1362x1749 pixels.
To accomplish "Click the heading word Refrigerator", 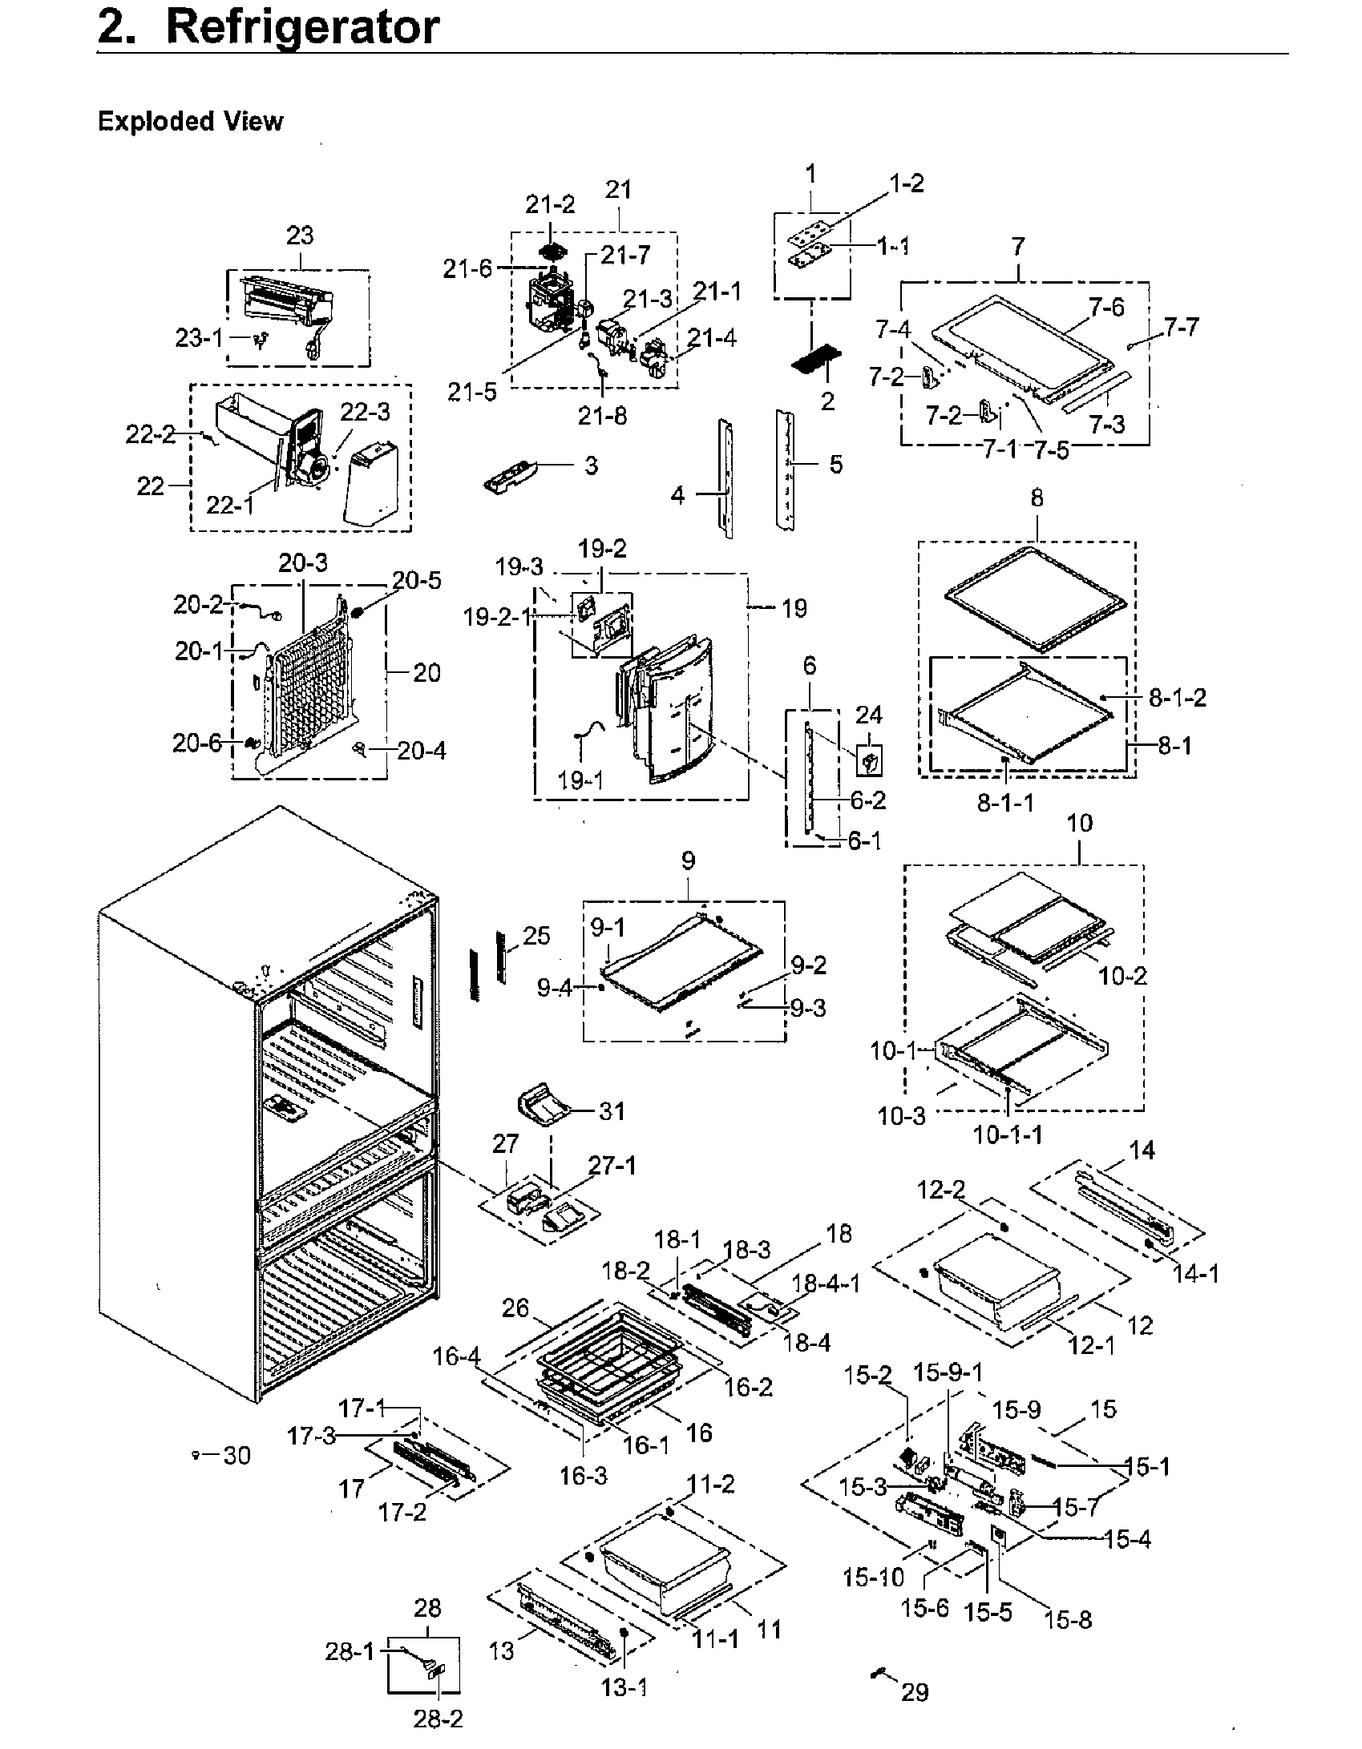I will (302, 27).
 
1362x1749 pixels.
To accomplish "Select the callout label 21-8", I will (602, 416).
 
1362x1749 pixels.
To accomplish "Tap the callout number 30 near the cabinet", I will (236, 1455).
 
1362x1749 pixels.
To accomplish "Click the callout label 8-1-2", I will (1177, 698).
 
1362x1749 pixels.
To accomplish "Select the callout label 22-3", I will (365, 412).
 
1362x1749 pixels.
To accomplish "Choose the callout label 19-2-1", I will (498, 617).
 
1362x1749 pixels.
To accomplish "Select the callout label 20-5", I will (416, 579).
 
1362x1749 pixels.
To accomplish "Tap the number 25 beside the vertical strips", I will (536, 935).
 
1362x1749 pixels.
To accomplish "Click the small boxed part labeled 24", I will (870, 760).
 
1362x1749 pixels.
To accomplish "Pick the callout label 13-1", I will (624, 1687).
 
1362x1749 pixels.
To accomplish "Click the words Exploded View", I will (190, 122).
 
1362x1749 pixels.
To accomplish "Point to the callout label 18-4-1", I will (826, 1284).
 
